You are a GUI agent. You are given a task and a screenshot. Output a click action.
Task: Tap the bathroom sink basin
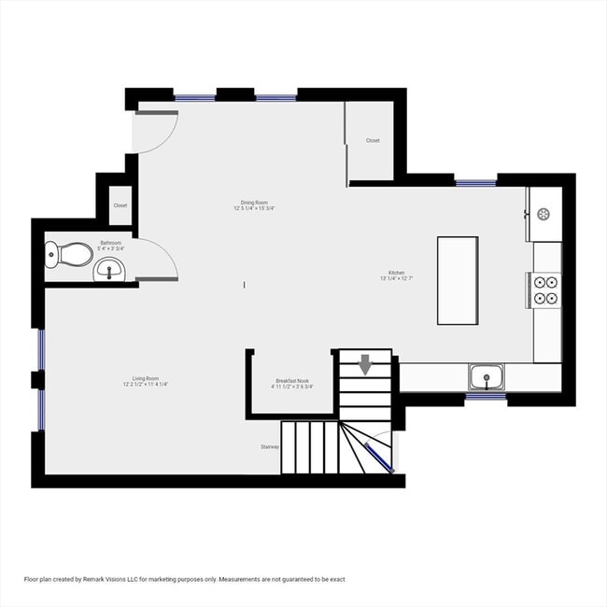tap(109, 271)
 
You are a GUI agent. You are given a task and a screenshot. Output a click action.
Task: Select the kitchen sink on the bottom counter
tap(486, 378)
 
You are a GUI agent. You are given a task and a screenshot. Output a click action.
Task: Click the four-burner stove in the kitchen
tap(545, 289)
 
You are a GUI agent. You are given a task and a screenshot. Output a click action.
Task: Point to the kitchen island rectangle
tap(458, 280)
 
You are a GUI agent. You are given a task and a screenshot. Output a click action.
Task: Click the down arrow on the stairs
tap(365, 363)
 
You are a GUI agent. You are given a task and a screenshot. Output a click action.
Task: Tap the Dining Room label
tap(254, 205)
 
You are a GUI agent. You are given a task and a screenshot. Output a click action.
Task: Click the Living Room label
tap(145, 381)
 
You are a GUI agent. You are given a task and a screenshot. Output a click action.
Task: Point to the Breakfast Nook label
tap(292, 384)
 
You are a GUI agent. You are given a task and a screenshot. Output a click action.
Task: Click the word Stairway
tap(270, 447)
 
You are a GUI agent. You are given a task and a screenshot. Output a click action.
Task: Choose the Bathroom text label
tap(111, 245)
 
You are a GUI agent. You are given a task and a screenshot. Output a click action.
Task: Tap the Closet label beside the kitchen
tap(373, 140)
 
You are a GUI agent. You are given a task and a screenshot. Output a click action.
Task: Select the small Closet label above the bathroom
tap(120, 205)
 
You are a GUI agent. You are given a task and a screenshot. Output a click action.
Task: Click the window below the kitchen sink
tap(486, 397)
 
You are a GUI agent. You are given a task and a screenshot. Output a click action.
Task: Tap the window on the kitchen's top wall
tap(475, 183)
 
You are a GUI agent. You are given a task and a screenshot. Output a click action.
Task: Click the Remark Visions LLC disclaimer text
tap(187, 579)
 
